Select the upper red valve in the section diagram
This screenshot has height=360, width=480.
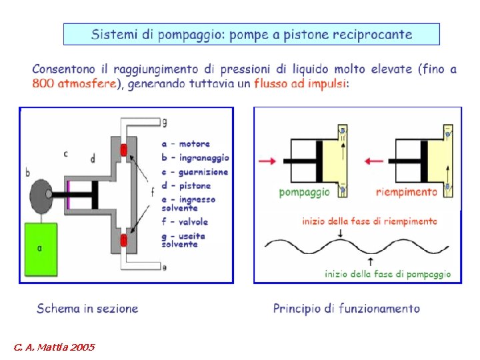[123, 150]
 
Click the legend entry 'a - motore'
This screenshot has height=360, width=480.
[186, 143]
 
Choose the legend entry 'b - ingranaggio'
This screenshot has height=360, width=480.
[195, 157]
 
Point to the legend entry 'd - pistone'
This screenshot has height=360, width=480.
[186, 185]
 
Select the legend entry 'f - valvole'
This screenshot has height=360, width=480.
[185, 221]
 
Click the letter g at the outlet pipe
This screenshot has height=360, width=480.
[164, 122]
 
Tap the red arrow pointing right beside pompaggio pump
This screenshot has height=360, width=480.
[266, 161]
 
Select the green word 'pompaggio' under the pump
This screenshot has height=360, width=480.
[304, 192]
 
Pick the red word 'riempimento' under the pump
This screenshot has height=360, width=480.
[407, 192]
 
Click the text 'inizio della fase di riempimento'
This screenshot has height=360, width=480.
[369, 221]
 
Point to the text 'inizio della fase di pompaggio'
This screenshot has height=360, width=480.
[387, 273]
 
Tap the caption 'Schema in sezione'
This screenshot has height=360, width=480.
[87, 308]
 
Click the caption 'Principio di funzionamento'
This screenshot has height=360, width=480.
[347, 308]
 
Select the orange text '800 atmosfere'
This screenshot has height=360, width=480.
[75, 84]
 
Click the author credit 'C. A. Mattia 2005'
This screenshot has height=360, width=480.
[55, 347]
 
